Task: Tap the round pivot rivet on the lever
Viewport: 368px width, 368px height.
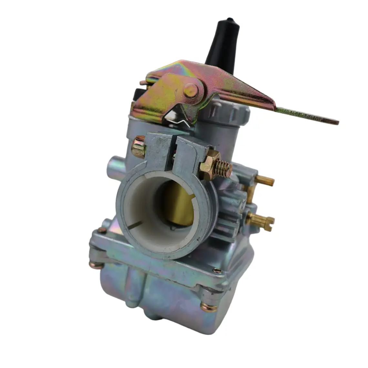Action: point(190,90)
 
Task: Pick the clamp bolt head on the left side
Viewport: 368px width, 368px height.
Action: point(138,147)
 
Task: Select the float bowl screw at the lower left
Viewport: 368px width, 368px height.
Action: point(96,265)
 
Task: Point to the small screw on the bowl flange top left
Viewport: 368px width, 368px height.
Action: point(102,230)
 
